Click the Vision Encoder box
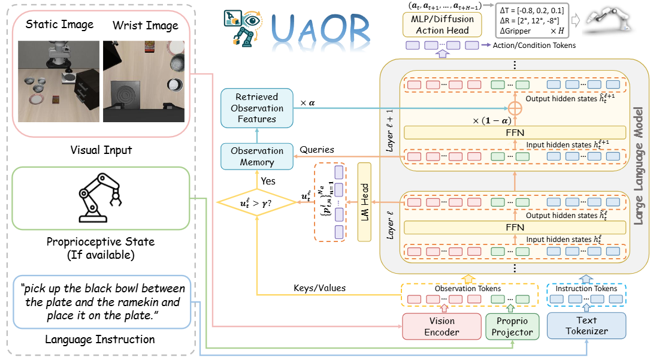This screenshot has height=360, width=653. pyautogui.click(x=442, y=326)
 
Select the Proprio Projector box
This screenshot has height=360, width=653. pyautogui.click(x=509, y=326)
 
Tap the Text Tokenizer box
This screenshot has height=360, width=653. pyautogui.click(x=586, y=326)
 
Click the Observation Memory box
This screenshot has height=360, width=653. pyautogui.click(x=257, y=156)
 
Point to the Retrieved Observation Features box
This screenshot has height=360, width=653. pyautogui.click(x=257, y=108)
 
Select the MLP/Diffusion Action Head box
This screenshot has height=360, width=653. pyautogui.click(x=442, y=25)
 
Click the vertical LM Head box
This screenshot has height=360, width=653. pyautogui.click(x=364, y=202)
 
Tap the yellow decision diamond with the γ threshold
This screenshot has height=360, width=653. pyautogui.click(x=256, y=203)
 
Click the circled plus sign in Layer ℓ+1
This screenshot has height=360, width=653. pyautogui.click(x=513, y=108)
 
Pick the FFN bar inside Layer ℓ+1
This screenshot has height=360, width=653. pyautogui.click(x=515, y=132)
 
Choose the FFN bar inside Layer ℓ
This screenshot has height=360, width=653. pyautogui.click(x=515, y=227)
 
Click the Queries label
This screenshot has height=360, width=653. pyautogui.click(x=317, y=150)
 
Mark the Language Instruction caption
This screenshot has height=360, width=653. pyautogui.click(x=100, y=340)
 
